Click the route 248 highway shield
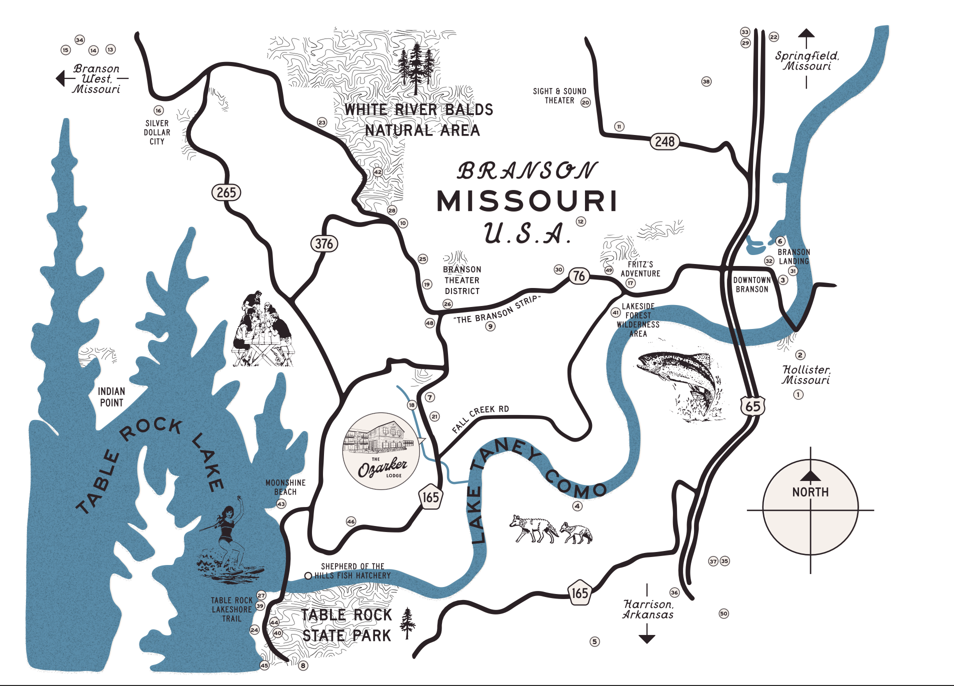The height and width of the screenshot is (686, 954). [x=664, y=141]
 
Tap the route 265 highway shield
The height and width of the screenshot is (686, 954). [x=226, y=192]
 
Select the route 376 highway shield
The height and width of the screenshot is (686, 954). [x=324, y=244]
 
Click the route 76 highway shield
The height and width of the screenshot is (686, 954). [x=578, y=276]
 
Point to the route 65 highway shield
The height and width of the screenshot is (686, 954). [x=752, y=406]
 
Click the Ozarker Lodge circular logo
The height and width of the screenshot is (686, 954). [x=381, y=451]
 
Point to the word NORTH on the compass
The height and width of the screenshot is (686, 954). [x=810, y=492]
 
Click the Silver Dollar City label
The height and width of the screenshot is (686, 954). [x=157, y=132]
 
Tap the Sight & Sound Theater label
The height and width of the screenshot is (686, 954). [x=559, y=96]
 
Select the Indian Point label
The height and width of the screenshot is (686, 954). [x=111, y=397]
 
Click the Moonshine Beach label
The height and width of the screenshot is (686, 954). [x=285, y=487]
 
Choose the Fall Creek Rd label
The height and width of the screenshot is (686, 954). [x=480, y=418]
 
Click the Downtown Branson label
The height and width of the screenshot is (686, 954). [x=751, y=284]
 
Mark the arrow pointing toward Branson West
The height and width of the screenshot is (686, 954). [x=61, y=78]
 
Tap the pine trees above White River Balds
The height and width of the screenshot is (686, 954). [x=416, y=67]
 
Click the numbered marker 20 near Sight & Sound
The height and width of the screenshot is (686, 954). [x=585, y=102]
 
